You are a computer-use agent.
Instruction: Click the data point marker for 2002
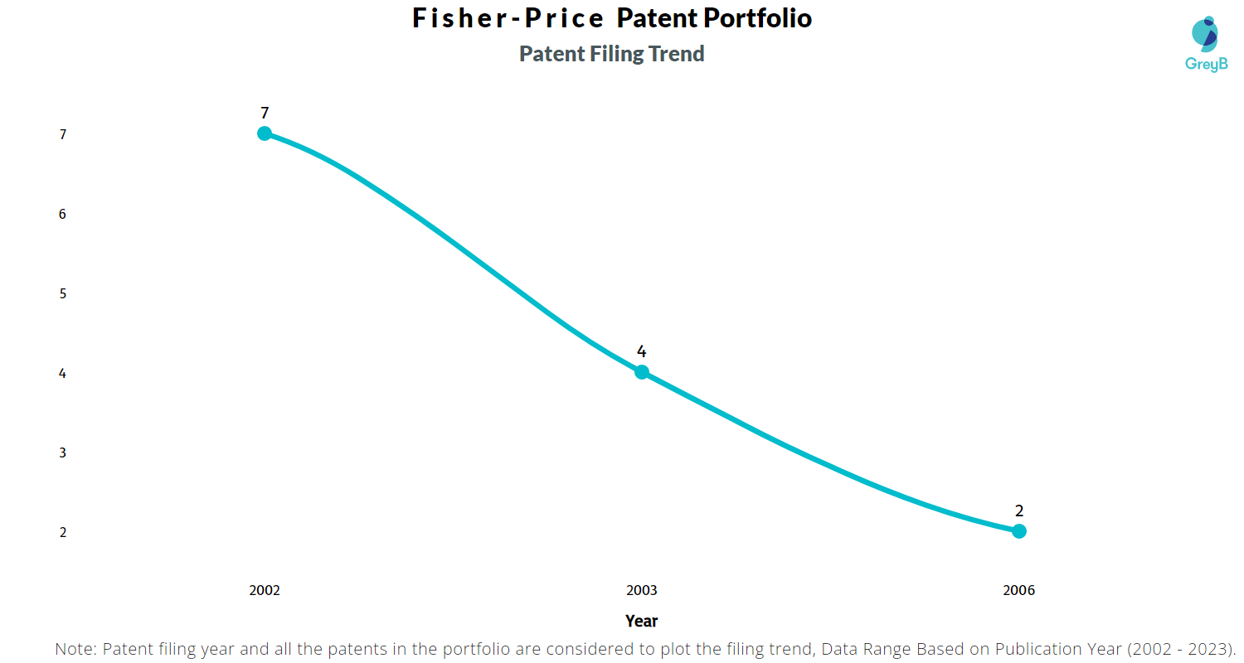(x=265, y=133)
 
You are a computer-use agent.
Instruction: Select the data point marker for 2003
(x=642, y=372)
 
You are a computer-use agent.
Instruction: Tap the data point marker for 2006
(x=1019, y=531)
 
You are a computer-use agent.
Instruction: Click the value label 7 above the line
(x=265, y=114)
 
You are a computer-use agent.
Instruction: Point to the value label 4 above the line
(x=642, y=351)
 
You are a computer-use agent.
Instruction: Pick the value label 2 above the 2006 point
(x=1019, y=511)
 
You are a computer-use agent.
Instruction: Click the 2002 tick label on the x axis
(x=265, y=591)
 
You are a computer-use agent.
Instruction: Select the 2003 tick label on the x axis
(x=642, y=591)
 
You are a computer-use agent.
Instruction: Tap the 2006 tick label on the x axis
(x=1019, y=591)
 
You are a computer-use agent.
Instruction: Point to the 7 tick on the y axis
(x=63, y=134)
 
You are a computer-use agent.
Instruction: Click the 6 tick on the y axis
(x=63, y=214)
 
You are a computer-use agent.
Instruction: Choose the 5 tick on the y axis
(x=63, y=293)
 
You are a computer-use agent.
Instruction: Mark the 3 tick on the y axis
(x=63, y=452)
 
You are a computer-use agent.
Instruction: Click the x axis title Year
(x=642, y=621)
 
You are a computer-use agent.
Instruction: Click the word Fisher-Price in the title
(x=508, y=19)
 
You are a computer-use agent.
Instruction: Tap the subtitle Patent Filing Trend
(x=612, y=54)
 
